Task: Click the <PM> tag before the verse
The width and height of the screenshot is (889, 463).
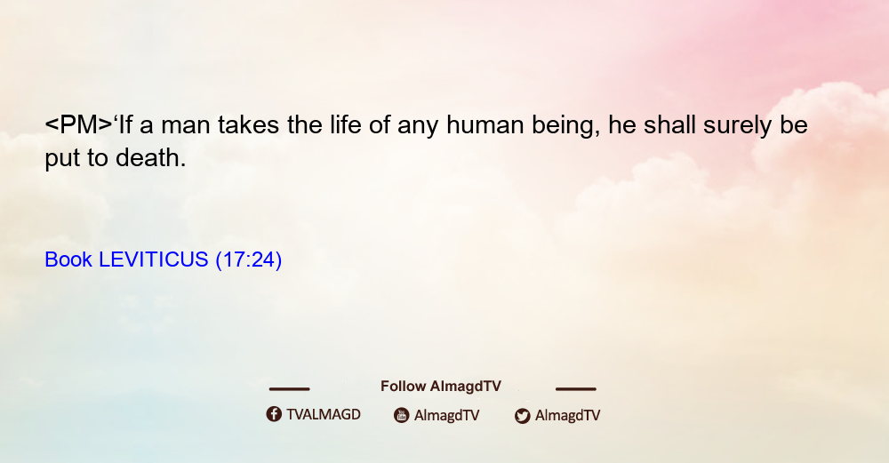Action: click(79, 124)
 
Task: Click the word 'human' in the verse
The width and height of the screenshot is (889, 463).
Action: click(485, 124)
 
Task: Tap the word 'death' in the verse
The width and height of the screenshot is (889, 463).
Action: click(151, 157)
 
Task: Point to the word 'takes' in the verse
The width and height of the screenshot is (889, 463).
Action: click(248, 124)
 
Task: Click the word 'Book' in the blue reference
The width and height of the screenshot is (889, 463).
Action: click(68, 259)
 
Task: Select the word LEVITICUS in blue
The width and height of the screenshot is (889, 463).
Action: click(154, 259)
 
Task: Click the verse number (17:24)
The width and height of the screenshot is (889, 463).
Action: click(249, 260)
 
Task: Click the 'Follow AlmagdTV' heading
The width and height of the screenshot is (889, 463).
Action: click(441, 387)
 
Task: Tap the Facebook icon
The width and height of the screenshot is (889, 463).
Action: click(274, 414)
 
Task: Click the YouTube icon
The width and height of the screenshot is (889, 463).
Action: click(402, 415)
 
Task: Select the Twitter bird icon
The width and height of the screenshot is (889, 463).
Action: click(523, 416)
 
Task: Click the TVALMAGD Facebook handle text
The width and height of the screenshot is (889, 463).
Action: click(324, 414)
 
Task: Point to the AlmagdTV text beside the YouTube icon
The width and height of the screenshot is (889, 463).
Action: click(447, 416)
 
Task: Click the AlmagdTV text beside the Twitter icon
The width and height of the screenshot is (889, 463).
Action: click(567, 416)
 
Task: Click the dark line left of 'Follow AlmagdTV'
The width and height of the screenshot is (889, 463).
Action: click(289, 389)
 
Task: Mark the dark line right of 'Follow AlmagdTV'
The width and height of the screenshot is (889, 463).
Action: click(576, 389)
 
